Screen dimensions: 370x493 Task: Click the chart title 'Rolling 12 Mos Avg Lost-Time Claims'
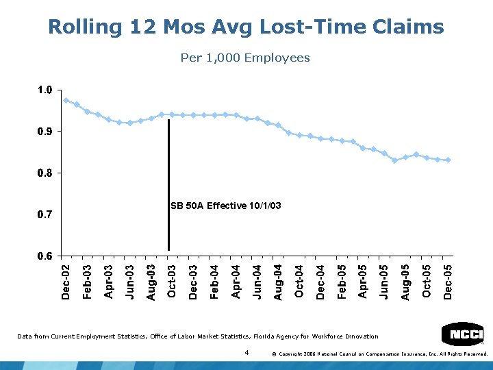(x=246, y=27)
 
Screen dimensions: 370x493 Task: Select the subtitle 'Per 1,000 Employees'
(x=245, y=58)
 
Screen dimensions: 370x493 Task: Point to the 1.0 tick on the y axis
(x=45, y=90)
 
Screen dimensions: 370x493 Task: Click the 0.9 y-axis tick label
(x=45, y=132)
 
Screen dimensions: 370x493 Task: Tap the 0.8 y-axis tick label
(x=45, y=173)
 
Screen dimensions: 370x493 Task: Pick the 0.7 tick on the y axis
(x=45, y=214)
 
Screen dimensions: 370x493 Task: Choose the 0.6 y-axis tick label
(x=45, y=256)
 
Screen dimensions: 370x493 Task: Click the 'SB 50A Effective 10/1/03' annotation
(x=225, y=206)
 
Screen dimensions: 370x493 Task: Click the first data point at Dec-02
(x=66, y=100)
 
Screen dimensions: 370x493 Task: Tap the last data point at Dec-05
(x=448, y=160)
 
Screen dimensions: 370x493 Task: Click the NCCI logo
(x=462, y=334)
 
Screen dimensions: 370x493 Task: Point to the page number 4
(x=246, y=353)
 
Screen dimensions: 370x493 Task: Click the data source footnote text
(x=197, y=336)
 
